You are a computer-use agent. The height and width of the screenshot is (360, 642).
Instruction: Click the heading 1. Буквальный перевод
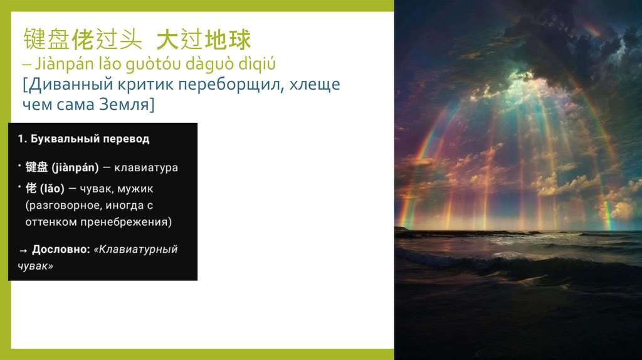click(84, 139)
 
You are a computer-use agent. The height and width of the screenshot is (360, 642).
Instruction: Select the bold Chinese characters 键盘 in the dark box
click(36, 167)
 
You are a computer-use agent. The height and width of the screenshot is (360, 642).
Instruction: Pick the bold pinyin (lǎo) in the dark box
click(53, 188)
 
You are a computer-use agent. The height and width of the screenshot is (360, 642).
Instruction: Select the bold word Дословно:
click(61, 249)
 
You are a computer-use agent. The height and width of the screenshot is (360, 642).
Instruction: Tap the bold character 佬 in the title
click(83, 40)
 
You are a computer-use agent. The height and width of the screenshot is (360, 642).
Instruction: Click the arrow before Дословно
click(23, 250)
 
